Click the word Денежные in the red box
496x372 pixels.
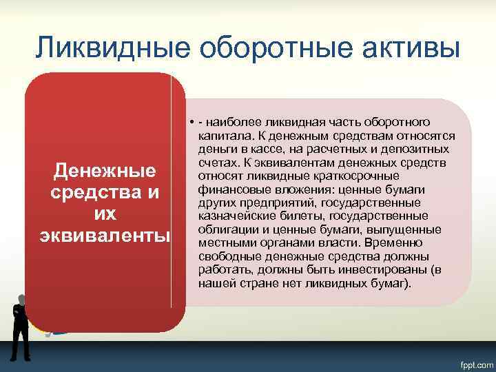pyautogui.click(x=105, y=170)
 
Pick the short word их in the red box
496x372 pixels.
pyautogui.click(x=105, y=213)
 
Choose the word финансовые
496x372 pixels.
pyautogui.click(x=226, y=189)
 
